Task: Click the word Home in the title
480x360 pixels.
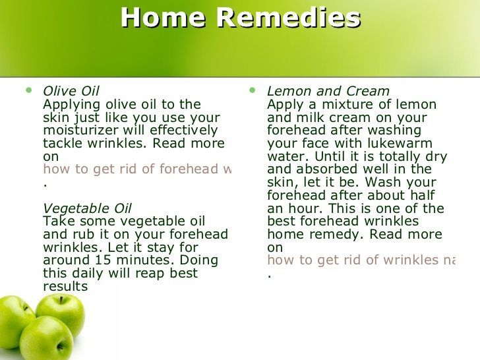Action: [x=163, y=17]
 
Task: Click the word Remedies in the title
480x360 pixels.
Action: [x=289, y=17]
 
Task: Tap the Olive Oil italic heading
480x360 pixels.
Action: [x=71, y=91]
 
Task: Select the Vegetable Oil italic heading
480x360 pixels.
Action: [x=87, y=208]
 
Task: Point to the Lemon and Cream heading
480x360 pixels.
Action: [x=328, y=91]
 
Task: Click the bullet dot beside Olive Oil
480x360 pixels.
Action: [x=29, y=90]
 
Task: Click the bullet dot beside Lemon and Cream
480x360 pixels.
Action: [x=253, y=90]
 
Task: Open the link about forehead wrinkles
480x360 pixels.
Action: [x=137, y=169]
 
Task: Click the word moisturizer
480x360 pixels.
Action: [x=80, y=130]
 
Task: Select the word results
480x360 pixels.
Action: [x=65, y=287]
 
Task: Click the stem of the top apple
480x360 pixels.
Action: [x=61, y=300]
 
